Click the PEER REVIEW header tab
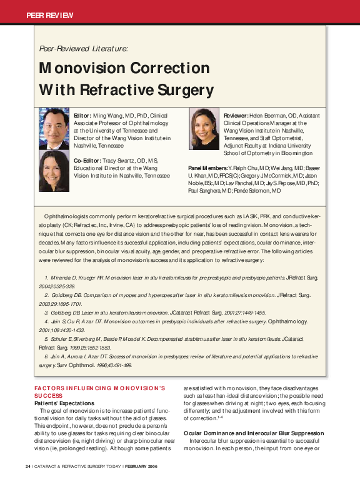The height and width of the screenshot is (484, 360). tap(50, 14)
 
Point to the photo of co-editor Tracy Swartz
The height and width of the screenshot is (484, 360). tap(54, 169)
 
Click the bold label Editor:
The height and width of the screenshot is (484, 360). tap(82, 116)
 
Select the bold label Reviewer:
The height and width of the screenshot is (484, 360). tap(237, 116)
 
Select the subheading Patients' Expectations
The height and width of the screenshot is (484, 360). tap(63, 403)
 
